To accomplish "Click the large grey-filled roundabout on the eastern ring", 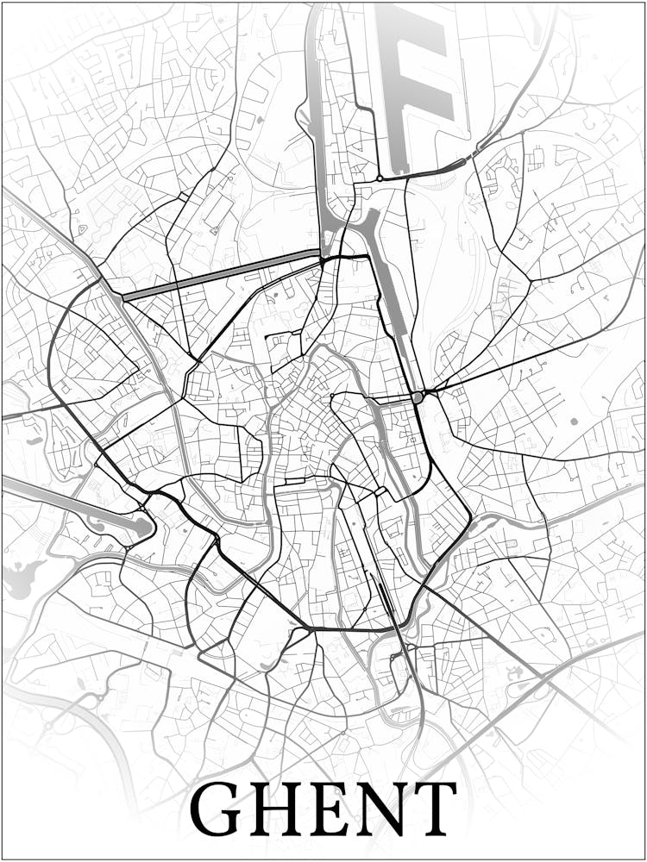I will (x=418, y=397).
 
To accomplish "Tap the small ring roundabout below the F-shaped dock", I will (x=379, y=178).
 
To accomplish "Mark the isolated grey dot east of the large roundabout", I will (x=574, y=422).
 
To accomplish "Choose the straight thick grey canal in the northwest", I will (x=220, y=274).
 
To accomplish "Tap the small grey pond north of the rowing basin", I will (x=34, y=440).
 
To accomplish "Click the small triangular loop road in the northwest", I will (x=81, y=229).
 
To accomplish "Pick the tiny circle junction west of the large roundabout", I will (x=332, y=396).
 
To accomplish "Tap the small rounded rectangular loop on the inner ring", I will (x=380, y=491).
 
